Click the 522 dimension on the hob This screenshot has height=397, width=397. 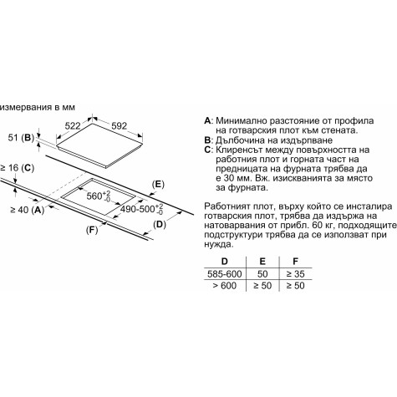click(73, 126)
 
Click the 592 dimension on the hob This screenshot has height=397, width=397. click(119, 126)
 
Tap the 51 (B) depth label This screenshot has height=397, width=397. click(21, 138)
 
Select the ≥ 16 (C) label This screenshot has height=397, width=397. click(17, 168)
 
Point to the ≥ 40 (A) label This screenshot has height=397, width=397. click(28, 210)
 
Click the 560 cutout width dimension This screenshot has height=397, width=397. click(99, 196)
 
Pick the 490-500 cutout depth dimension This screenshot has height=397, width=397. click(142, 209)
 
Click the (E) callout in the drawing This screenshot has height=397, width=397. click(158, 185)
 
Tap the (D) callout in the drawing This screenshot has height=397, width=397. click(160, 224)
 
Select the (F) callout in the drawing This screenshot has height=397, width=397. click(92, 230)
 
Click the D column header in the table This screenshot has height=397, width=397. click(224, 262)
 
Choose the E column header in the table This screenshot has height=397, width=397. click(262, 262)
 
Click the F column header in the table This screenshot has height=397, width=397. click(295, 262)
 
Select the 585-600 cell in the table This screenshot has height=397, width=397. click(224, 274)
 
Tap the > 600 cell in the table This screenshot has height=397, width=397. click(224, 286)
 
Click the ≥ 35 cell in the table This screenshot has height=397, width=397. click(295, 274)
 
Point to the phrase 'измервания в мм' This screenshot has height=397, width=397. click(38, 107)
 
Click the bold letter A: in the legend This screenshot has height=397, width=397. click(209, 121)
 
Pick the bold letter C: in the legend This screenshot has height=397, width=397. click(209, 150)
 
